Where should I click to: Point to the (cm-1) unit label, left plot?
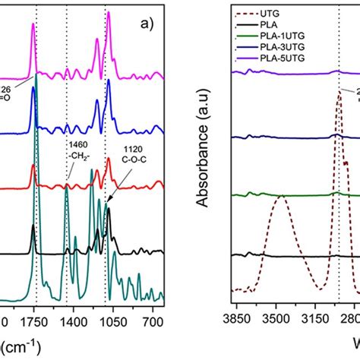(19, 344)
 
